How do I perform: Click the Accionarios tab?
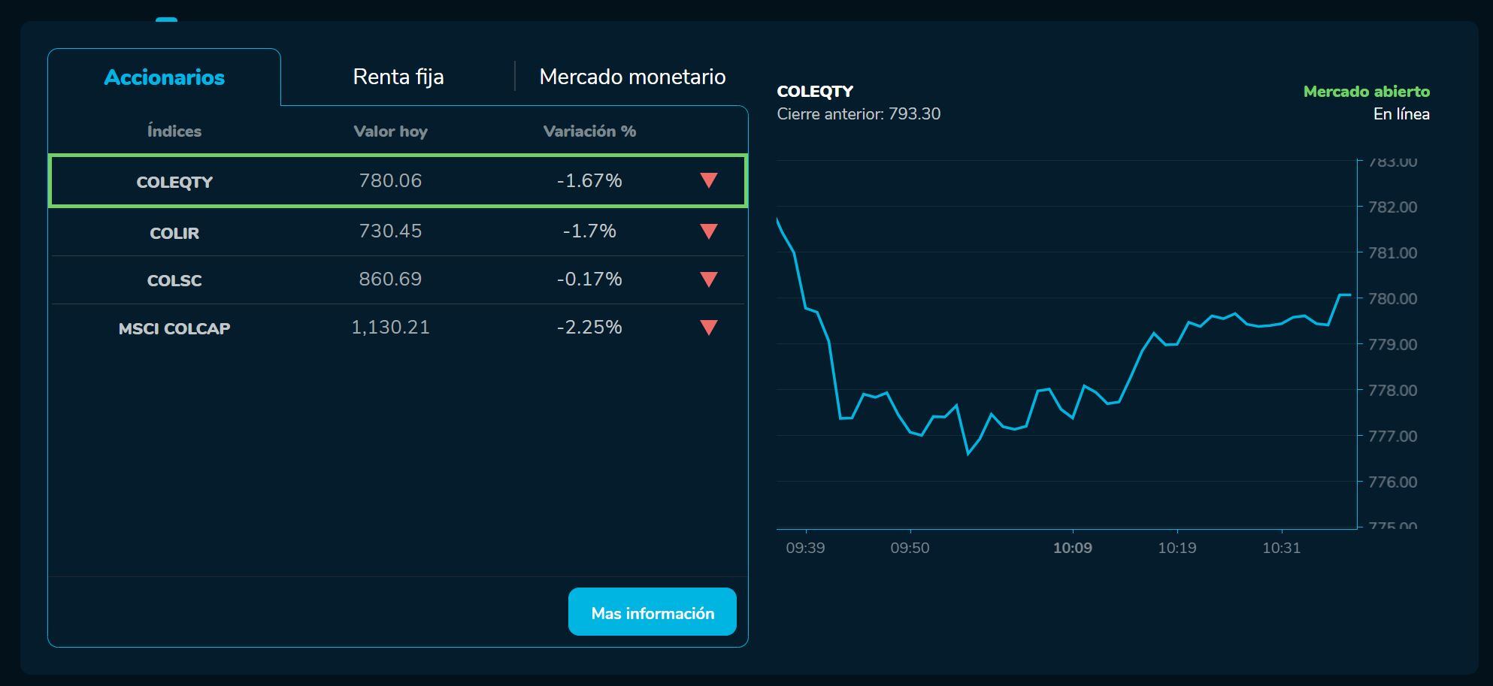pos(164,77)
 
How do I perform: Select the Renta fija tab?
pos(398,77)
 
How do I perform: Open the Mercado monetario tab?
pos(632,77)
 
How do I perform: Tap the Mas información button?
pos(652,612)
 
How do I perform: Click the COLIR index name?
pos(174,233)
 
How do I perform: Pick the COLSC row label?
pos(174,280)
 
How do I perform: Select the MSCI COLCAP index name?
pos(174,328)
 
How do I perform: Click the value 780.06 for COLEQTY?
pos(390,181)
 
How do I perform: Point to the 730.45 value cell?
pos(390,231)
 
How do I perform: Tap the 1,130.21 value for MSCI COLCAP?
pos(390,328)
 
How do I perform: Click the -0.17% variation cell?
pos(589,280)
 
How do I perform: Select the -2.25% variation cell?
pos(589,328)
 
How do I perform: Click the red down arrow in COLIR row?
pos(708,231)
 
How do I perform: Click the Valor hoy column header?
pos(390,131)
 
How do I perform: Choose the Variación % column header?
pos(589,131)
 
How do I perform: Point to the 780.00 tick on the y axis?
pos(1392,299)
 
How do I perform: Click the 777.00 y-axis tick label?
pos(1392,437)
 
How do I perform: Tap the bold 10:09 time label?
pos(1072,548)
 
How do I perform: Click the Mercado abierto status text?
pos(1366,92)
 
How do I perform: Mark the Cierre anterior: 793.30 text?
pos(859,114)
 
